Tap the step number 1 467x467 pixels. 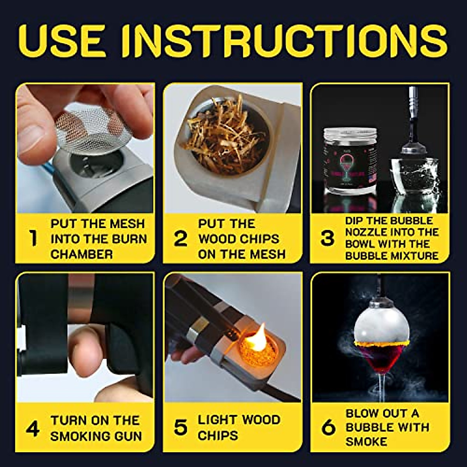click(34, 238)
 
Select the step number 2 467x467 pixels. click(180, 238)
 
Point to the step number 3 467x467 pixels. click(327, 238)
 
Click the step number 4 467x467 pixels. click(33, 428)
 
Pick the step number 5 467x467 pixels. click(180, 428)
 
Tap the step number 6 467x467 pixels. click(328, 428)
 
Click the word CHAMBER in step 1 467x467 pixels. click(82, 255)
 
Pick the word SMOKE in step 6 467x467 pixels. click(366, 442)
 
